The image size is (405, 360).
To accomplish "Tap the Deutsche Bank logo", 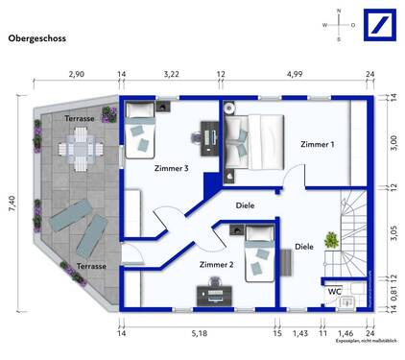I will click(x=376, y=25).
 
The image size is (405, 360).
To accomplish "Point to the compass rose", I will click(x=338, y=25).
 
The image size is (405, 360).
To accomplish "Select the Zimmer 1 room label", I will click(x=317, y=144).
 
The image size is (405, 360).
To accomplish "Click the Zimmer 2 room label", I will click(x=217, y=263).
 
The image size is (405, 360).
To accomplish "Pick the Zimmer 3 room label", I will click(x=172, y=168).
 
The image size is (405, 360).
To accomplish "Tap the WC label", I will click(x=335, y=290).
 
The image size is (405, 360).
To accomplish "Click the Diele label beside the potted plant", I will click(x=303, y=246).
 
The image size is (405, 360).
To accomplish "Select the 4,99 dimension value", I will click(x=295, y=73).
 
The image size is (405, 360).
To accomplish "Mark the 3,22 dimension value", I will click(x=172, y=73).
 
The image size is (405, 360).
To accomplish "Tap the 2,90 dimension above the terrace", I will click(x=76, y=73).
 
